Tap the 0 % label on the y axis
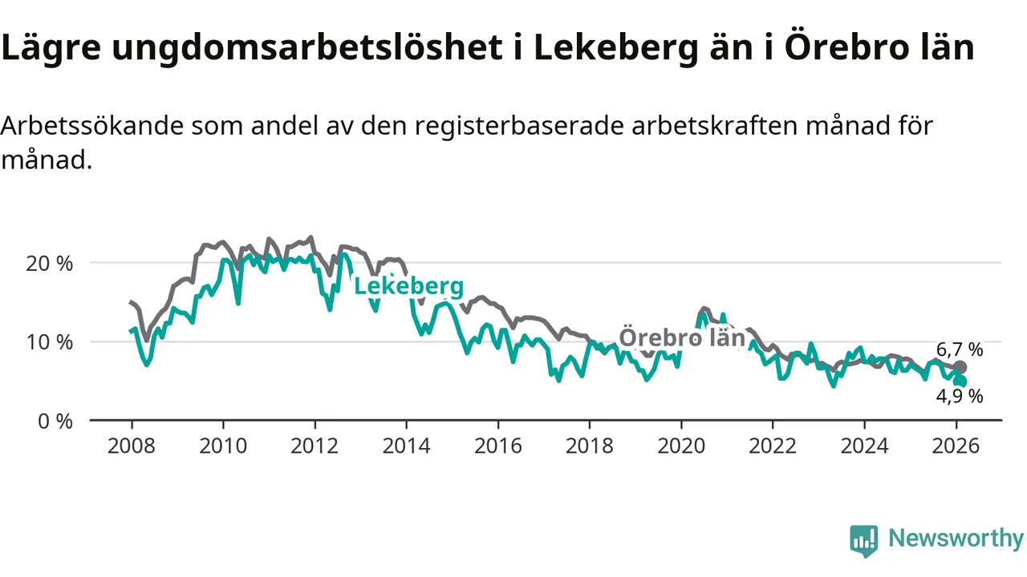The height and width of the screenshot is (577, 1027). coord(55,421)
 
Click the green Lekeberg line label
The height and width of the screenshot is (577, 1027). coord(408,287)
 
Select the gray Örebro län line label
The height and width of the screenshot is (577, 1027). coord(683,337)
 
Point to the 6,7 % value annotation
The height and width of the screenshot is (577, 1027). coord(960,349)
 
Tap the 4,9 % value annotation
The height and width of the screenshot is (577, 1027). coord(960,395)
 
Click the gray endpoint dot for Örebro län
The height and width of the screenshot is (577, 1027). coord(960,368)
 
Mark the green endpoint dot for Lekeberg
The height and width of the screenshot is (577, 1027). coord(960,381)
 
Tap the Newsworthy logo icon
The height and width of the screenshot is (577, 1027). coord(864,541)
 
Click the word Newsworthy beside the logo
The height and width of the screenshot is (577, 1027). coord(956,539)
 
